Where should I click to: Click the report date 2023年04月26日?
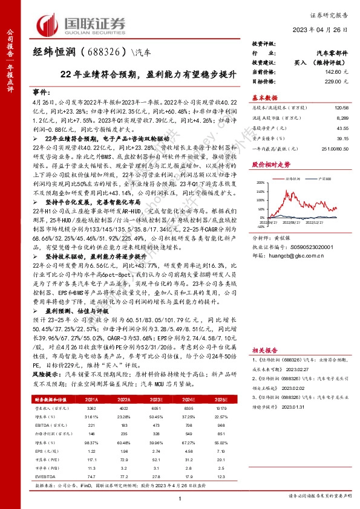coord(323,29)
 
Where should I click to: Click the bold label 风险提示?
coord(44,375)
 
